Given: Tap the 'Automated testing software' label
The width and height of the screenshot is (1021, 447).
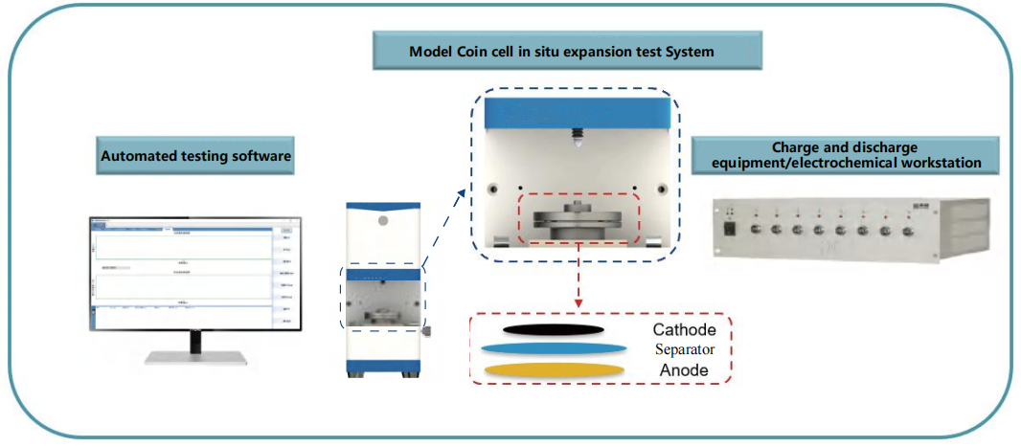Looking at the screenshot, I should coord(195,155).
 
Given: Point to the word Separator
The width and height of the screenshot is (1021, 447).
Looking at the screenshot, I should coord(685,350).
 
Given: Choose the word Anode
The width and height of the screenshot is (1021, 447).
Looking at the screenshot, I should coord(685,369).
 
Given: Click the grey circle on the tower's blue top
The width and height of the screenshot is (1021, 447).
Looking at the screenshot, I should coord(383,220).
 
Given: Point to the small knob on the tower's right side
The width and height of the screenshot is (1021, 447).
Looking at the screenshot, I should coord(426,331).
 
